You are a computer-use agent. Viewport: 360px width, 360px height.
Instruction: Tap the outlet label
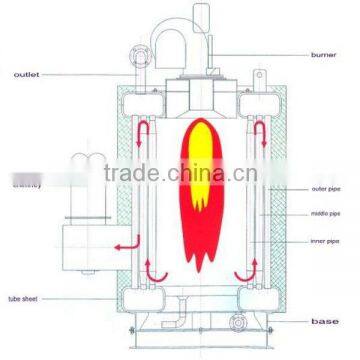click(28, 73)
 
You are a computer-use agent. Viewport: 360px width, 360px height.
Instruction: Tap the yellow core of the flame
click(188, 170)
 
